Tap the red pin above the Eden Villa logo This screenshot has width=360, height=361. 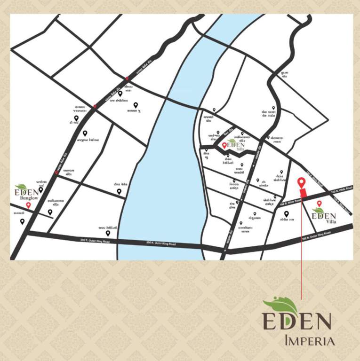(x=320, y=204)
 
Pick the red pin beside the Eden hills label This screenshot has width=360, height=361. (x=224, y=146)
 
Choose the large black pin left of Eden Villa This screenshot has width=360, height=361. (x=286, y=214)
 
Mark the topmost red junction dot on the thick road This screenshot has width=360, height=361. (x=127, y=79)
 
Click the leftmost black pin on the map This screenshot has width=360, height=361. (x=22, y=221)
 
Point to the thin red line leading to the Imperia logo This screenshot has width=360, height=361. (x=302, y=249)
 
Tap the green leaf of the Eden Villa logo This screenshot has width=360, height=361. (x=319, y=210)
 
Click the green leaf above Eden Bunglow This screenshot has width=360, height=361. (x=21, y=187)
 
